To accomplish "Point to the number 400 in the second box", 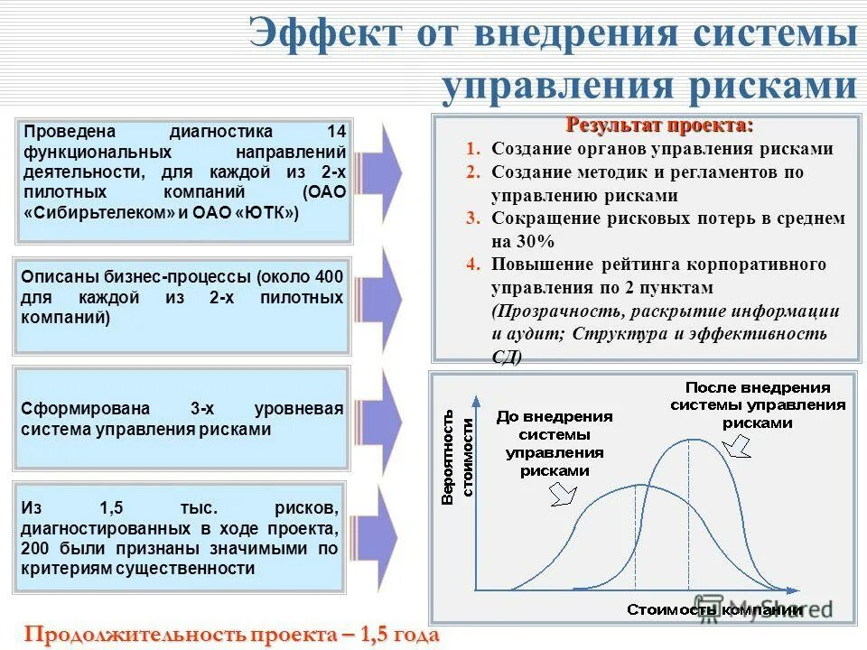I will coord(329,276).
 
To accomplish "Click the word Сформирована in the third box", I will coord(79,409).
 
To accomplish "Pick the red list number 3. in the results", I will coord(473,218).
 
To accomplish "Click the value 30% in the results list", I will coord(536,241).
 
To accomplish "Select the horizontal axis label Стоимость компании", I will coord(713,609).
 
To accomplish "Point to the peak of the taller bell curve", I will coord(689,439).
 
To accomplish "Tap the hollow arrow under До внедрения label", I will coord(563,493).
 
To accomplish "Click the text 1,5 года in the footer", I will coord(399,635).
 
